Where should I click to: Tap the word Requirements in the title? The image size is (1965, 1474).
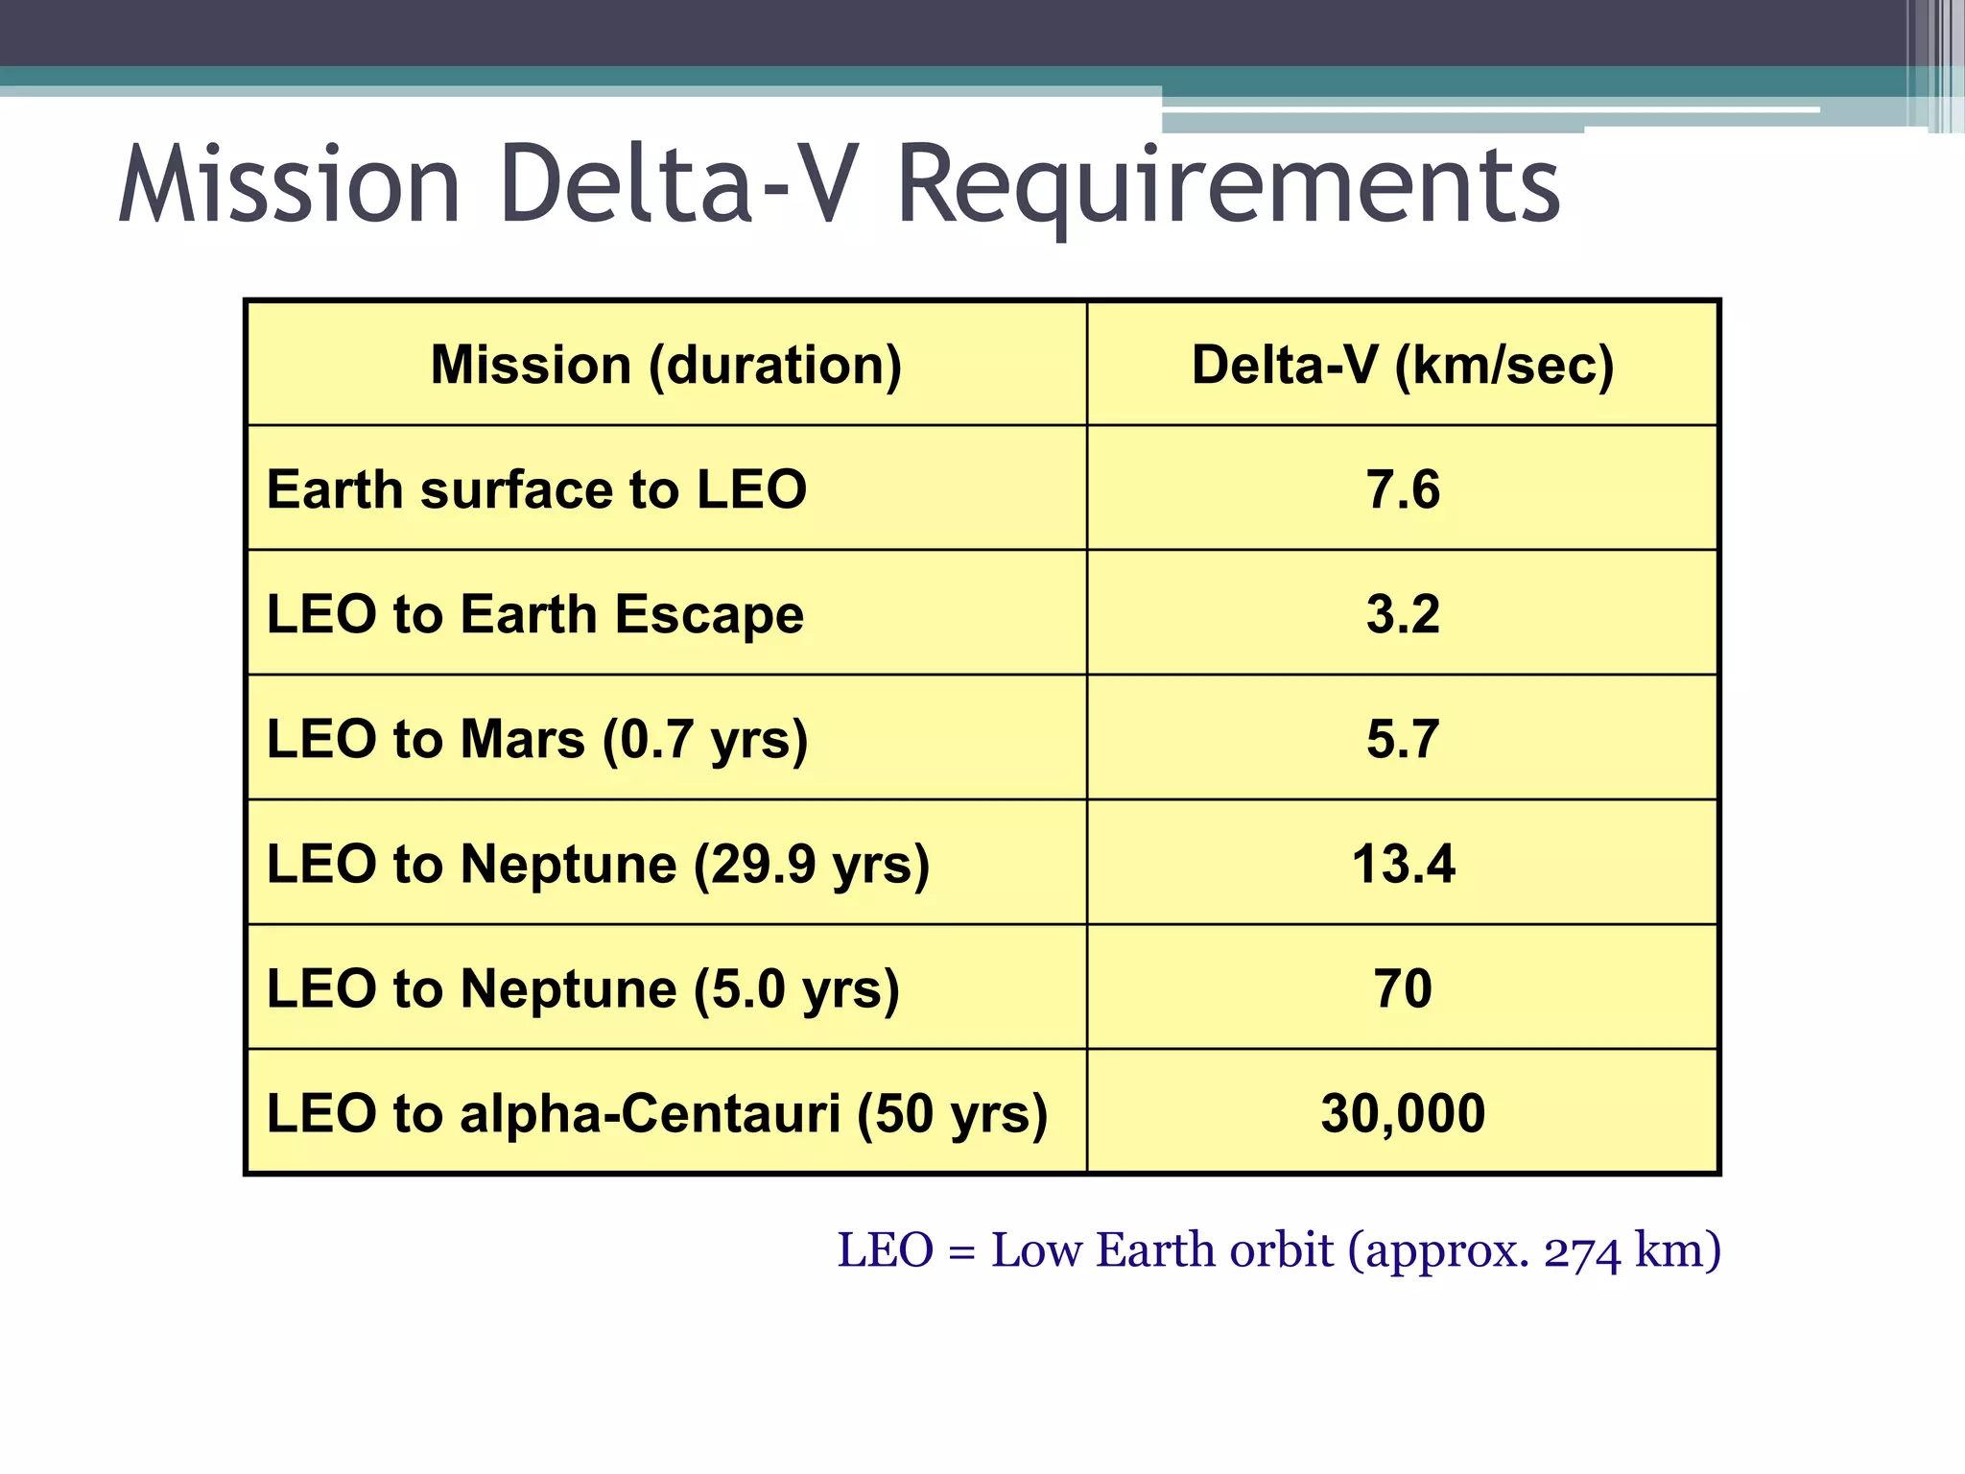[x=1228, y=184]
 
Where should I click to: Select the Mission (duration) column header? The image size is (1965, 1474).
[x=666, y=365]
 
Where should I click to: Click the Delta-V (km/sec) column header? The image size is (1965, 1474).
[x=1402, y=365]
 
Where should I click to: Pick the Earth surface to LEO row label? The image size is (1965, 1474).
[x=536, y=489]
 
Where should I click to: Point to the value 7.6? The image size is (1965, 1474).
[x=1402, y=489]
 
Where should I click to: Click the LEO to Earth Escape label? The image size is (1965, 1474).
[x=534, y=614]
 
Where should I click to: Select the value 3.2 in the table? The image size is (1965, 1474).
[x=1402, y=614]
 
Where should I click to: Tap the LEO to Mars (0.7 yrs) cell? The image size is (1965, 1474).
[x=537, y=739]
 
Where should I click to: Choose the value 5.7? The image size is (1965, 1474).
[x=1402, y=739]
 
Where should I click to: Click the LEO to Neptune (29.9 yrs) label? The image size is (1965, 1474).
[x=598, y=864]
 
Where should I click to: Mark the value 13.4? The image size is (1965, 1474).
[x=1402, y=864]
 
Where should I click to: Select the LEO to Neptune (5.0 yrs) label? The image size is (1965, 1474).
[x=583, y=988]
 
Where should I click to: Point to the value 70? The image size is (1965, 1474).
[x=1402, y=988]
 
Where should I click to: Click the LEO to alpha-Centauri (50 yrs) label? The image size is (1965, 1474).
[x=656, y=1113]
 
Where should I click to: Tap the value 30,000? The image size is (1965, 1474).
[x=1402, y=1113]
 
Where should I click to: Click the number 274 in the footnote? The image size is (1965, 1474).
[x=1581, y=1251]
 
